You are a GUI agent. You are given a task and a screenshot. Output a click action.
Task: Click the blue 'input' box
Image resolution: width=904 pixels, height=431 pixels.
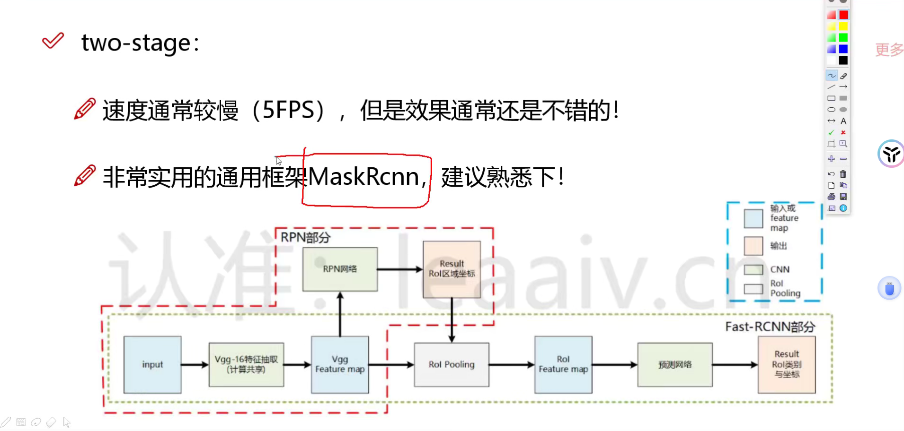152,364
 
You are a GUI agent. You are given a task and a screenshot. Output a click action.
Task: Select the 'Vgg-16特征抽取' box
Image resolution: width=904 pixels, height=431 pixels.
246,364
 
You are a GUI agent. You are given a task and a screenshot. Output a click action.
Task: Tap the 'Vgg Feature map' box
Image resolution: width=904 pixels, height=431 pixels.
340,364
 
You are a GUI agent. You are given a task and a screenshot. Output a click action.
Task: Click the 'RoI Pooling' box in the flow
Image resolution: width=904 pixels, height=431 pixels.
452,364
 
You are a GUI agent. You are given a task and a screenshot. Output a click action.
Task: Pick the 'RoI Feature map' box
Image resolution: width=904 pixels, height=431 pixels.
563,364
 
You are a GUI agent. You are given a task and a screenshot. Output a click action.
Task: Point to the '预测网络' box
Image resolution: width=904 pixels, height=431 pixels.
675,364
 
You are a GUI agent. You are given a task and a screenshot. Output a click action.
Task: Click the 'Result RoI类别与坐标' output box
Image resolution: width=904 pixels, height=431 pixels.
787,364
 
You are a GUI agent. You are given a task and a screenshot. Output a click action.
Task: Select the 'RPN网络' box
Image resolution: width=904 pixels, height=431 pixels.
340,269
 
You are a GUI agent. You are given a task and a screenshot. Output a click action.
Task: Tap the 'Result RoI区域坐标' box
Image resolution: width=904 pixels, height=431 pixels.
452,269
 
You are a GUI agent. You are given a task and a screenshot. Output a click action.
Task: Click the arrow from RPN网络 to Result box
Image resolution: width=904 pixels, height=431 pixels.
400,269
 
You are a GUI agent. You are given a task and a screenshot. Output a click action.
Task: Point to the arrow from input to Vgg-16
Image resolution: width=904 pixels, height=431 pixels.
195,364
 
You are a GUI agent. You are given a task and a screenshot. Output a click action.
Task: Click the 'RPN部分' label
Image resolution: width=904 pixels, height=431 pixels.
305,237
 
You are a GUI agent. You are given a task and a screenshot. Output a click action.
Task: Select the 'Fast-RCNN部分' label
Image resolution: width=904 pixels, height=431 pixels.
770,327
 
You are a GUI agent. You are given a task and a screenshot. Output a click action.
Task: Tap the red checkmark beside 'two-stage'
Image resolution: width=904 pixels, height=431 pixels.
53,41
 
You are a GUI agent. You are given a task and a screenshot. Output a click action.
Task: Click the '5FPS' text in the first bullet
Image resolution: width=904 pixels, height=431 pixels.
288,110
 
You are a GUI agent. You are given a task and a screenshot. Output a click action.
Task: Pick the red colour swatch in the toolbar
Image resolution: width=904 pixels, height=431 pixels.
843,15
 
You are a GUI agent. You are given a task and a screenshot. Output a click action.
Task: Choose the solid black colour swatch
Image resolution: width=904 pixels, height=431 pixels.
843,60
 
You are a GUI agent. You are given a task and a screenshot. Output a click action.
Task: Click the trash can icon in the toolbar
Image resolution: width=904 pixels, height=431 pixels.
843,174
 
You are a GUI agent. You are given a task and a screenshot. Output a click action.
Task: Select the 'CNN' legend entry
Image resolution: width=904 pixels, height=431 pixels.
780,269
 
